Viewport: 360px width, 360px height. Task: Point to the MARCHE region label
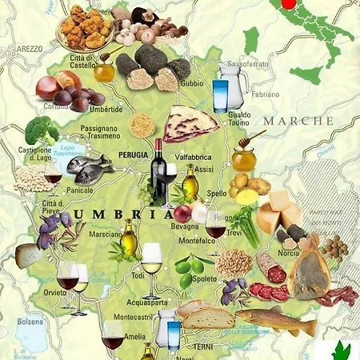coord(298,120)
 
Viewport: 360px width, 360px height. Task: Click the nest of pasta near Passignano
coord(142,124)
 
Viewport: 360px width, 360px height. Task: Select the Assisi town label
coord(204,170)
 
